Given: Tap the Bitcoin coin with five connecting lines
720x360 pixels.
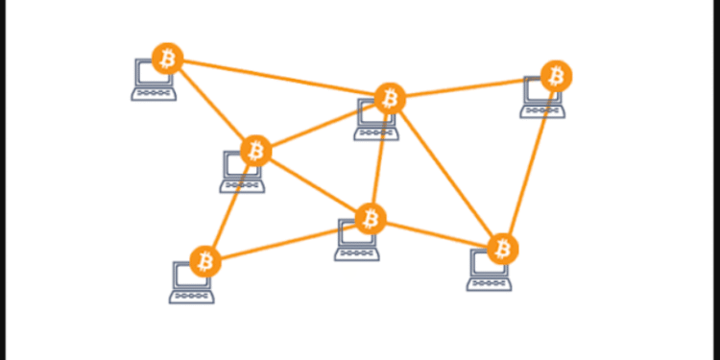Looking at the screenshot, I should [390, 97].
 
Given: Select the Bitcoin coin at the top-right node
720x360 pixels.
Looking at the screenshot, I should [556, 75].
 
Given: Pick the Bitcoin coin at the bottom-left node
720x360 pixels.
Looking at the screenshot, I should [204, 260].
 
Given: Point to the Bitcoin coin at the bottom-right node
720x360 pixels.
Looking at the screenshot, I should [502, 249].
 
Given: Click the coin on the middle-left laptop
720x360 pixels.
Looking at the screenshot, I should [255, 150].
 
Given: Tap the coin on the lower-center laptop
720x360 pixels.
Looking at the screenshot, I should [370, 219].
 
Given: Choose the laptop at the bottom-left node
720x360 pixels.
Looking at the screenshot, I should [190, 283].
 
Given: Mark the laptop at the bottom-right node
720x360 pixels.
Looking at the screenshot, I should [488, 272].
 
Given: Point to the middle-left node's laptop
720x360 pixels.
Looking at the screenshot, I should [240, 173].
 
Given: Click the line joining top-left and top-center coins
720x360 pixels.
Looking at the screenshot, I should [278, 78].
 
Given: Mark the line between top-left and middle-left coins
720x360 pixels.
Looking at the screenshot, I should [211, 104].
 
